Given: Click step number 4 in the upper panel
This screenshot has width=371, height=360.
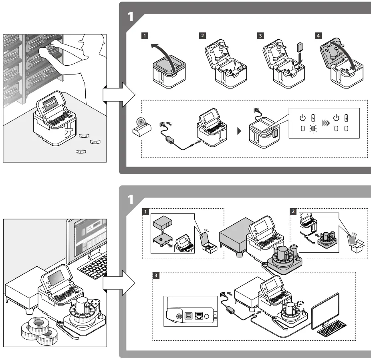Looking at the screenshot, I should pyautogui.click(x=318, y=36).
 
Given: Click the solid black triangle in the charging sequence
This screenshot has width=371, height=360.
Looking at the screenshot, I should pyautogui.click(x=239, y=131).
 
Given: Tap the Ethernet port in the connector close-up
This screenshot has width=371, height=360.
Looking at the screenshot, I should pyautogui.click(x=198, y=316).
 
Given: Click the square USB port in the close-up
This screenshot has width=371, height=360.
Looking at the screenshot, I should pyautogui.click(x=187, y=315).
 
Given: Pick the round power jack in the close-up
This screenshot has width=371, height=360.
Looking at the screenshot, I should pyautogui.click(x=178, y=316).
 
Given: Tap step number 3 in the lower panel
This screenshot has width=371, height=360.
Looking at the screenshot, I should pyautogui.click(x=155, y=275).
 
